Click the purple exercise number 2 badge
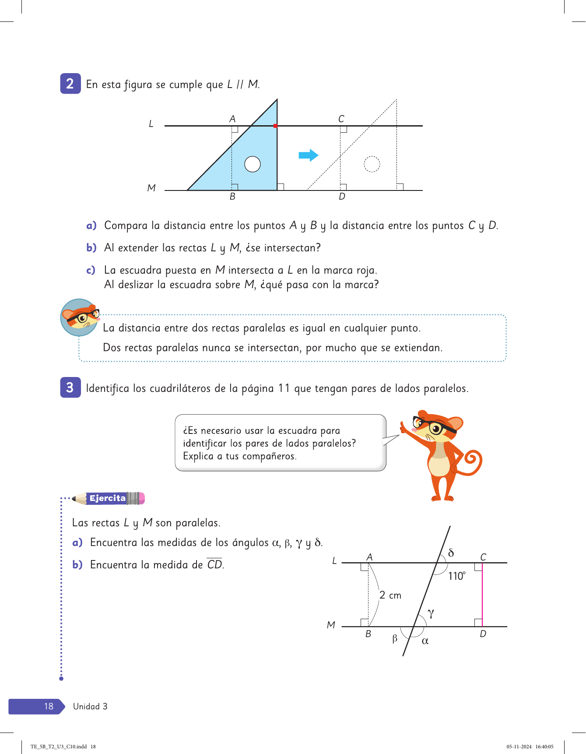point(70,84)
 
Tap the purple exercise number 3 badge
point(70,388)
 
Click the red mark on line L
point(275,126)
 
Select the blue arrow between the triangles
point(308,155)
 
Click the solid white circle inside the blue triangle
point(253,164)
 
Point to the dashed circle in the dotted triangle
point(372,164)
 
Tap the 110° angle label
point(456,576)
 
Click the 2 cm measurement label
point(390,595)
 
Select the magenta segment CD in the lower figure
point(482,595)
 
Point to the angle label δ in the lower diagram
point(451,553)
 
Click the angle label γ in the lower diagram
point(431,613)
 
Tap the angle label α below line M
point(425,641)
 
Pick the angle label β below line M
point(395,639)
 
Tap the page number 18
point(49,706)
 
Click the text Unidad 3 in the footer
point(90,706)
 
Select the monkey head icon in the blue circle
point(80,317)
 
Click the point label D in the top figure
point(342,197)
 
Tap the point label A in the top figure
point(232,119)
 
